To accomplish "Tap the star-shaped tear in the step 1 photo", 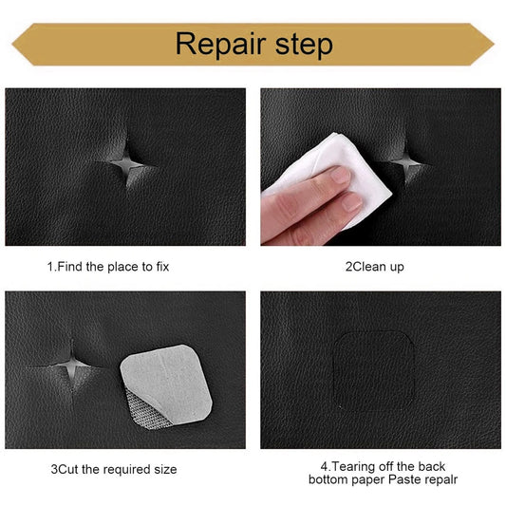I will [x=129, y=167].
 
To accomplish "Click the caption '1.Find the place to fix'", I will [x=108, y=267].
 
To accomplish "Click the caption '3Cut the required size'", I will [x=113, y=469].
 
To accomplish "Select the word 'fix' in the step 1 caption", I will [x=160, y=267].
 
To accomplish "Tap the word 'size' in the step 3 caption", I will [x=163, y=469].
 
